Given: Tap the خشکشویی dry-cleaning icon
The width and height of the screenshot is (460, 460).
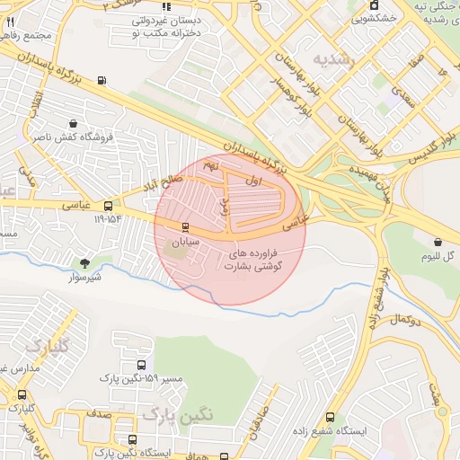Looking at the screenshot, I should click(373, 5).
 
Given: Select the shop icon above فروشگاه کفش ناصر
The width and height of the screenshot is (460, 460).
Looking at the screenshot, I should click(72, 123).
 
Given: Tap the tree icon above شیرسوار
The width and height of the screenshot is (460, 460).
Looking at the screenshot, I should click(84, 263).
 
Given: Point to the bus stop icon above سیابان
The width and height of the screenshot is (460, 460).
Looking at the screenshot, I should click(185, 227).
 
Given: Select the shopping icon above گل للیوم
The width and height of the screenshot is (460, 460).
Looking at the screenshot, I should click(438, 242).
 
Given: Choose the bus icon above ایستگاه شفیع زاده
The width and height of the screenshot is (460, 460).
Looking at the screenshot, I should click(330, 417).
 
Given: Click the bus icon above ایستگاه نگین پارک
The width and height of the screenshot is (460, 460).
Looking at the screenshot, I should click(132, 439).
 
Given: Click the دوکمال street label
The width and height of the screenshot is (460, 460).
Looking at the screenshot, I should click(400, 321).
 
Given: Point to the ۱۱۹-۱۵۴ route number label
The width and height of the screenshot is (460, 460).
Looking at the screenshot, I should click(107, 219).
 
